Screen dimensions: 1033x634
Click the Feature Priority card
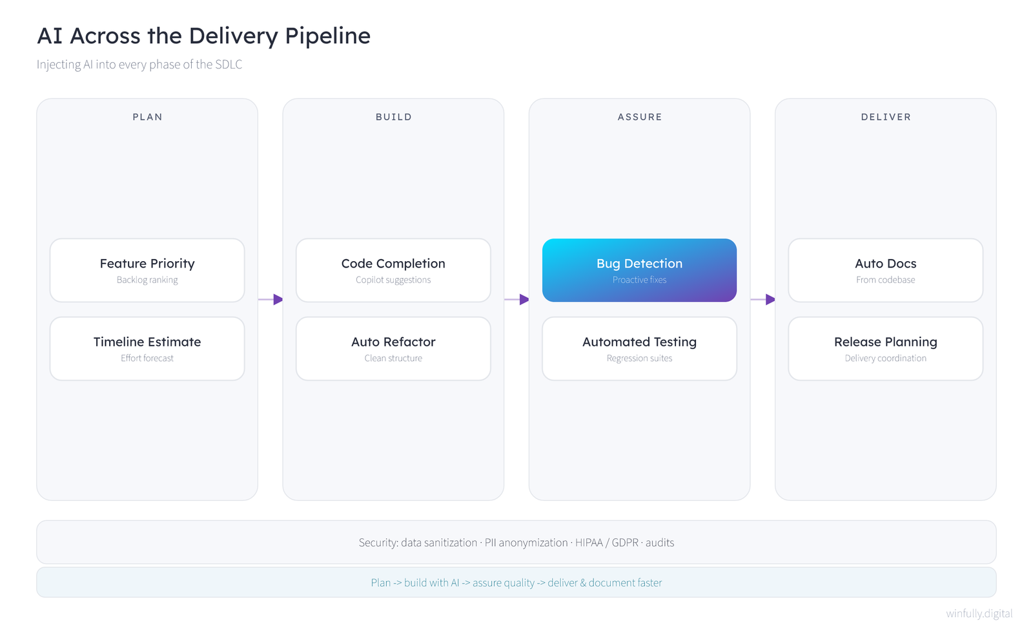147,270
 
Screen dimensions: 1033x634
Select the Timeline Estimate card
147,348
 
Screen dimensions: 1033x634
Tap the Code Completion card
393,270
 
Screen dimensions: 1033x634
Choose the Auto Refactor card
393,348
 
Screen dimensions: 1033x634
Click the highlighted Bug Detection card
639,270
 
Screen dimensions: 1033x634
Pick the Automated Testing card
639,348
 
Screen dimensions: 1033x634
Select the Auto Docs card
885,270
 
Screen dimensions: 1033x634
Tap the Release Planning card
885,348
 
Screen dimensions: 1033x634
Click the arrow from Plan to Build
271,299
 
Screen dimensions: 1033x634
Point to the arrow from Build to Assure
516,299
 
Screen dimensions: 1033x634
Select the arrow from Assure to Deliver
762,299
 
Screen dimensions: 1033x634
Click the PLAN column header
148,117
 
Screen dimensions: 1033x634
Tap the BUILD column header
394,117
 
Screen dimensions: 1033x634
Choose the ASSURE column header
640,117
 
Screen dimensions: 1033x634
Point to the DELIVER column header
886,117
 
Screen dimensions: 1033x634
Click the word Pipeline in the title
327,36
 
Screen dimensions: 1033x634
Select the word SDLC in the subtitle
229,64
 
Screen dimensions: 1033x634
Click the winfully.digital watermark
979,613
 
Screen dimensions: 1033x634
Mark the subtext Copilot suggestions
393,280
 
